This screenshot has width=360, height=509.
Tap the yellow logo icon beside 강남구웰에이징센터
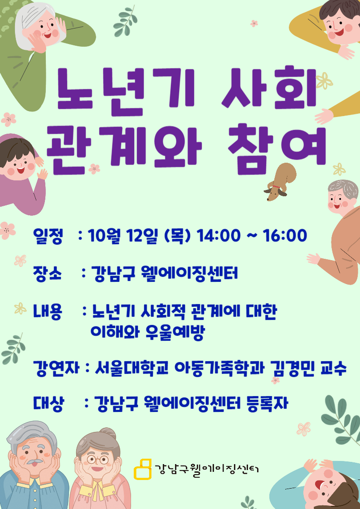(x=142, y=469)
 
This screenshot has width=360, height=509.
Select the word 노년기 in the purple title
(x=126, y=90)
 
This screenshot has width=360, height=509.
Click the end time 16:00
(x=285, y=235)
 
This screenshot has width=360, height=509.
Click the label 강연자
(x=56, y=368)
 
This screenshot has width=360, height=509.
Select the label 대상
(x=49, y=404)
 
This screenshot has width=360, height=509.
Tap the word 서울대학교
(x=132, y=368)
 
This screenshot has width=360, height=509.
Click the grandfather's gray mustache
(x=35, y=461)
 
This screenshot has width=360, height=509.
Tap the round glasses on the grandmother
(x=97, y=459)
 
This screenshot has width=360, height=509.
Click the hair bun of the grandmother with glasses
(x=108, y=434)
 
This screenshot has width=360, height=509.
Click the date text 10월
(x=103, y=236)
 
